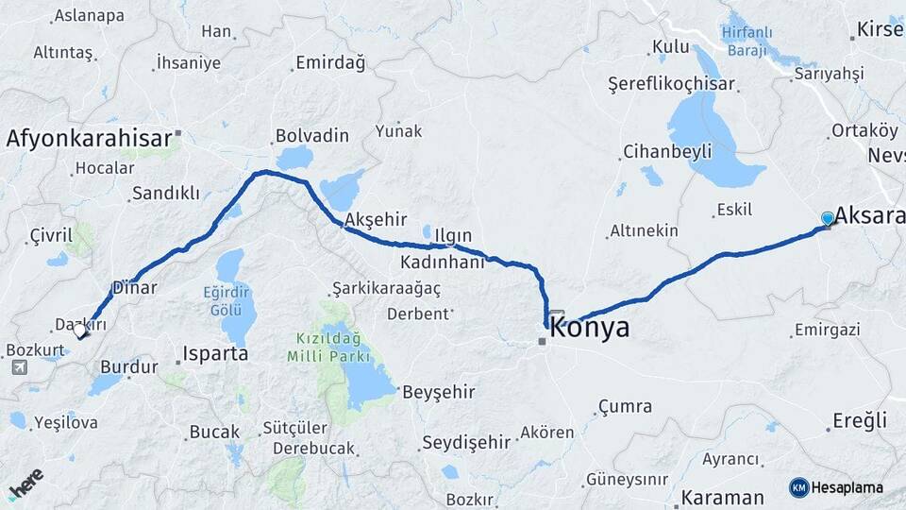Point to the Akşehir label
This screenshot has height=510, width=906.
click(376, 220)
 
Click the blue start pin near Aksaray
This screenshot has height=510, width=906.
click(828, 219)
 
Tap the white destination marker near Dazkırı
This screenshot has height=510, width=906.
click(81, 331)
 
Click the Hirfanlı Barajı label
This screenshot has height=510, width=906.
click(748, 41)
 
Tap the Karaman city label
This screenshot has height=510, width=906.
click(723, 497)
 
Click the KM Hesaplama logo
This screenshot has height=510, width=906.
click(836, 487)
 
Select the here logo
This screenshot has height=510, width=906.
click(26, 482)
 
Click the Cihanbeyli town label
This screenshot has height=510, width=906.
click(663, 152)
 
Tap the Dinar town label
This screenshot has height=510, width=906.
click(133, 286)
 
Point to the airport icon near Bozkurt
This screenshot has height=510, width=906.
click(20, 367)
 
